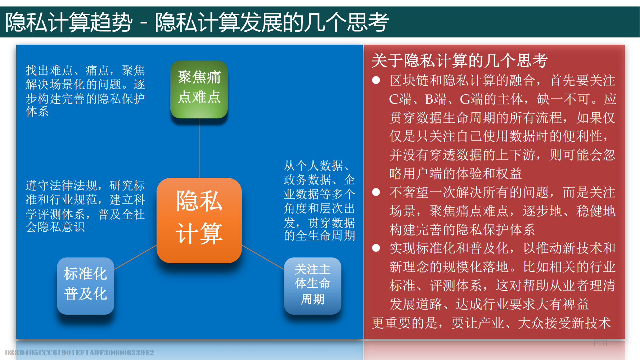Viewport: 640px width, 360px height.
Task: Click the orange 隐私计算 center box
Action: [199, 220]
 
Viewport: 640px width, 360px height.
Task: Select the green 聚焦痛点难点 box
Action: [199, 89]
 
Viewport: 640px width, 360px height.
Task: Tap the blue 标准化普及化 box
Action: [86, 286]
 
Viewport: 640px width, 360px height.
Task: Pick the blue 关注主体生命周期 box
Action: [312, 286]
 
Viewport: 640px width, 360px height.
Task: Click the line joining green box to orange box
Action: [199, 148]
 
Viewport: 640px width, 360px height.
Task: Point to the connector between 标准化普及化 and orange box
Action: [135, 257]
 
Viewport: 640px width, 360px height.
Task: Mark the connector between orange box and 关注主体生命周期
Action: [263, 257]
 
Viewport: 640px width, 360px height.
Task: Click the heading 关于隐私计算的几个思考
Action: [459, 60]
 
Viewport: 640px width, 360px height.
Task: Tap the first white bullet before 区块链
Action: [376, 80]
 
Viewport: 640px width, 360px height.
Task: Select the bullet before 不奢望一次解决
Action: [376, 192]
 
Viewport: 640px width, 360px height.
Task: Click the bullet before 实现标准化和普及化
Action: [376, 248]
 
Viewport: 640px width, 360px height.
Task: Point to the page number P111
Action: [600, 343]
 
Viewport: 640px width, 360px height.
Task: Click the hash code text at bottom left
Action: [80, 353]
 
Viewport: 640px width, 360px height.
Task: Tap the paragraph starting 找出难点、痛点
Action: [85, 91]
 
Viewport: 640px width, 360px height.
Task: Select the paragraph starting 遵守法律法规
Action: [85, 206]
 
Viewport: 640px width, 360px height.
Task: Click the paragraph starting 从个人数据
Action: [319, 200]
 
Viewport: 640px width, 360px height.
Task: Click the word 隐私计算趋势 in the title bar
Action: [69, 22]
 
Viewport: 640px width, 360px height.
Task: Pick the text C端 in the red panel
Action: [400, 99]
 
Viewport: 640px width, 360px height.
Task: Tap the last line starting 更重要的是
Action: [491, 323]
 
